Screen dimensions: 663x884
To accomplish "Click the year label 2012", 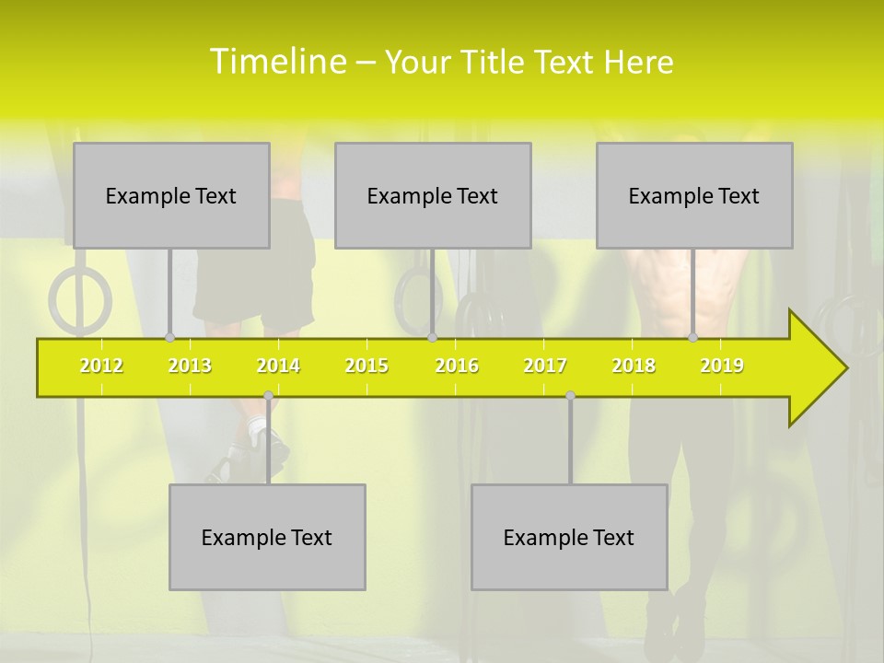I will point(101,366).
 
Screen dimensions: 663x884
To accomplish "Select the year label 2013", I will point(190,366).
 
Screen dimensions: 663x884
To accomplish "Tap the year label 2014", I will point(278,366).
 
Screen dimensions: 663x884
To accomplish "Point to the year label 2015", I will point(366,366).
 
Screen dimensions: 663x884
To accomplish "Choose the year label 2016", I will point(457,366).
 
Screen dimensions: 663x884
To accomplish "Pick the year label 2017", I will point(545,366).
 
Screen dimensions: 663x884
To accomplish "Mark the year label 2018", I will point(634,366).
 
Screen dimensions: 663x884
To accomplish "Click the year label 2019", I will point(722,366).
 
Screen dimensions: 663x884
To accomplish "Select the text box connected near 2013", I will point(171,195).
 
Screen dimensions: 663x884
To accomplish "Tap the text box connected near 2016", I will point(433,195).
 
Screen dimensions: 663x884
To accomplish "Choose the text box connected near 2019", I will point(694,195).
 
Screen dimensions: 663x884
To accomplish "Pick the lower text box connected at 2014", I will point(267,537).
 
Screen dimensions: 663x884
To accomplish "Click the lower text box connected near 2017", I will point(569,537).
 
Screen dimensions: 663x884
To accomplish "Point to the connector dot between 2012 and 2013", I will point(169,338).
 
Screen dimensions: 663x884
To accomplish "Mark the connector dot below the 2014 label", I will point(268,396).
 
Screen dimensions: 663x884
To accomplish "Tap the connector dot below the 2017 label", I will point(570,396).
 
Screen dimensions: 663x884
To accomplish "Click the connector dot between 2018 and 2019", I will point(692,338).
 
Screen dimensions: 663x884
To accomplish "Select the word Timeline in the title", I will point(278,62).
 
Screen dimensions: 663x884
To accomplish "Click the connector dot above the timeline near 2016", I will point(432,338).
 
